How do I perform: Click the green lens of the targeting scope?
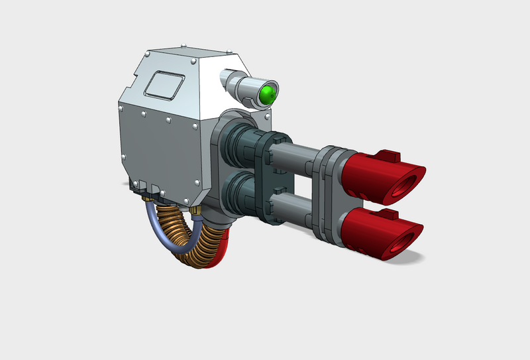tap(268, 94)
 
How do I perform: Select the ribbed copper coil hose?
tap(192, 245)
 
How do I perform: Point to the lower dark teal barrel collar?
tap(237, 196)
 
